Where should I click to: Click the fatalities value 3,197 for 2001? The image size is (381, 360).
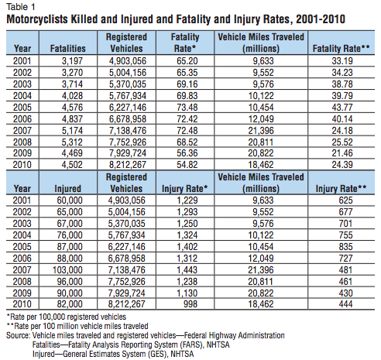pyautogui.click(x=72, y=61)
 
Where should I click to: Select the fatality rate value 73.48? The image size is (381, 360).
pyautogui.click(x=187, y=108)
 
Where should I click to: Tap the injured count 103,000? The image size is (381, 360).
pyautogui.click(x=67, y=270)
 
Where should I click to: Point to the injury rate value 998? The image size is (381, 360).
pyautogui.click(x=190, y=304)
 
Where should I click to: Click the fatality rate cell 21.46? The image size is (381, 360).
pyautogui.click(x=342, y=153)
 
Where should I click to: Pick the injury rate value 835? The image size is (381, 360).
pyautogui.click(x=345, y=247)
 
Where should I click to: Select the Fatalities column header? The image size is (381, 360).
pyautogui.click(x=68, y=49)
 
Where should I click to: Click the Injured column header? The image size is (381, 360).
pyautogui.click(x=68, y=189)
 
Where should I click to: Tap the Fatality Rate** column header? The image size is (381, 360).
pyautogui.click(x=341, y=49)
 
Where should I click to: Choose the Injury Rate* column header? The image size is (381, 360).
pyautogui.click(x=185, y=189)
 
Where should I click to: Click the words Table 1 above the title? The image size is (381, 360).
pyautogui.click(x=21, y=7)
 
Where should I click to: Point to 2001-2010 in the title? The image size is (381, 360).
pyautogui.click(x=321, y=19)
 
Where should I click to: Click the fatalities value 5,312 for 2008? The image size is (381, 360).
pyautogui.click(x=72, y=142)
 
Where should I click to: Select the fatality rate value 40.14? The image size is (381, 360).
pyautogui.click(x=342, y=119)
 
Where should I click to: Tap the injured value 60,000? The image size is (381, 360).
pyautogui.click(x=70, y=201)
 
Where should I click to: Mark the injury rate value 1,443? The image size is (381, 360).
pyautogui.click(x=187, y=270)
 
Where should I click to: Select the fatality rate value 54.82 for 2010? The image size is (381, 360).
pyautogui.click(x=187, y=165)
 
